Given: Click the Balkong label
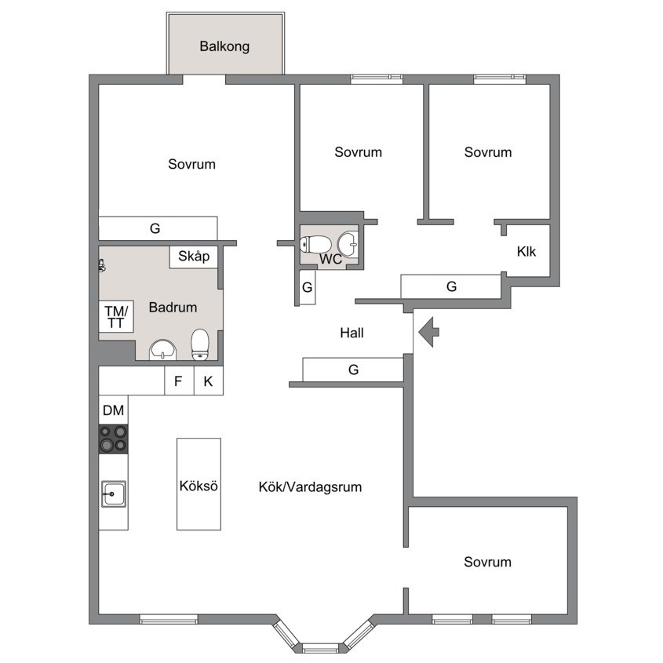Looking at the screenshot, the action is tap(224, 46).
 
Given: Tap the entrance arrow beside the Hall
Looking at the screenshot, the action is tap(428, 332).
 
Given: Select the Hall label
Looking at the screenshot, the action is tap(352, 333).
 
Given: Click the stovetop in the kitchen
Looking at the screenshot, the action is tap(113, 439).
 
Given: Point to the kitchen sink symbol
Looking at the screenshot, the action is tap(113, 494).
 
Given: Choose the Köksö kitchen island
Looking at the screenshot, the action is tap(199, 484).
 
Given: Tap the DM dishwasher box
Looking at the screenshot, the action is tap(113, 410).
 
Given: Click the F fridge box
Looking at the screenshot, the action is tap(179, 381).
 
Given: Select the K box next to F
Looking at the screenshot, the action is tap(209, 381).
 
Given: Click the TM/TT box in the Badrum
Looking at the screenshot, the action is tap(116, 317).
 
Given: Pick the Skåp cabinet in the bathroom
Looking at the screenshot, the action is tap(194, 257).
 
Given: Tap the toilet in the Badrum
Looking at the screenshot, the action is tap(200, 344).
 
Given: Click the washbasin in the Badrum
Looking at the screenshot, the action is tap(162, 350).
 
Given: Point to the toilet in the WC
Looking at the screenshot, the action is tap(315, 244).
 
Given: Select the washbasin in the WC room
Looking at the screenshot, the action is tap(348, 244).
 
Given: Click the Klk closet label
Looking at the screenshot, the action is tap(526, 252).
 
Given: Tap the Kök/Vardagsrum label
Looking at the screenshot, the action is tap(311, 487).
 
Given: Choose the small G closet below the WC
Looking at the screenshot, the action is tap(308, 287).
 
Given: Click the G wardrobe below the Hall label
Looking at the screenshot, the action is tap(353, 370).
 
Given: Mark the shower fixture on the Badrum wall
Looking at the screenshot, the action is tap(101, 265).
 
